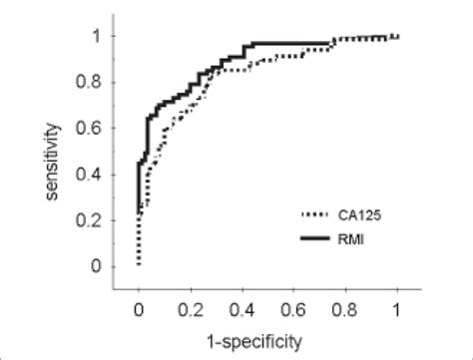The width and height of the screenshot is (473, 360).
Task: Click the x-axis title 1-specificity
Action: point(266,339)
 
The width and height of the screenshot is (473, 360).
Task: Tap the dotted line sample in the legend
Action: point(318,213)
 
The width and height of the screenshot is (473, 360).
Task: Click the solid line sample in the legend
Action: point(318,237)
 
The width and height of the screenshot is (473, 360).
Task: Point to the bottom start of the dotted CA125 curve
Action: point(139,265)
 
